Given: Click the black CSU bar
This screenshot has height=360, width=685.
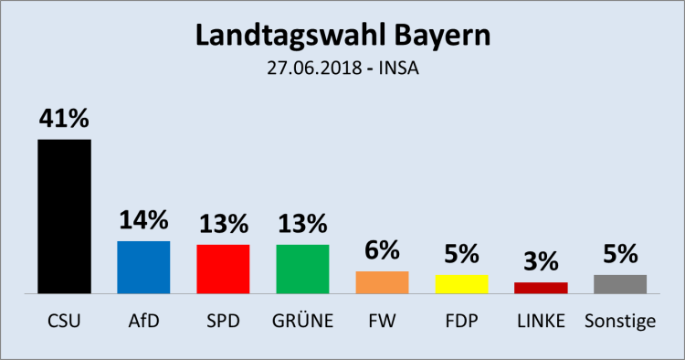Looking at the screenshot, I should (x=64, y=216).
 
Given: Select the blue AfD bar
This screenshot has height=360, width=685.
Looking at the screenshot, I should (x=143, y=267).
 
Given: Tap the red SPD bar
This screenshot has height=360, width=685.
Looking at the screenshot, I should (x=223, y=269).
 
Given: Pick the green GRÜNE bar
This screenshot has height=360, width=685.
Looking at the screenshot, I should (x=302, y=269).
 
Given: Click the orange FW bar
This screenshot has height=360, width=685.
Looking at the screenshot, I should (x=382, y=282).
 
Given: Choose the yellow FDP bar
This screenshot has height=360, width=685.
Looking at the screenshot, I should (x=461, y=284).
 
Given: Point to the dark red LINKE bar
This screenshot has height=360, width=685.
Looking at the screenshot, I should (x=541, y=288).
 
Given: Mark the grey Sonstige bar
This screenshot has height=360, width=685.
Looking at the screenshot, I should (x=620, y=284).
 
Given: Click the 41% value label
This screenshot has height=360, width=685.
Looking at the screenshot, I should (x=64, y=120).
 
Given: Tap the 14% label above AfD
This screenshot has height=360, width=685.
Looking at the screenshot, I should (x=143, y=220).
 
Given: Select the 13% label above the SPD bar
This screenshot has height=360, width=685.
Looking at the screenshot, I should (x=223, y=224).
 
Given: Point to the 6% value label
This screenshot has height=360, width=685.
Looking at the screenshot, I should (x=382, y=250).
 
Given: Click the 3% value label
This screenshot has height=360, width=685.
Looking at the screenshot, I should (x=541, y=262).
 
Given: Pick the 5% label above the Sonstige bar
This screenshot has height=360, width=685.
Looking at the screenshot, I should (x=620, y=254).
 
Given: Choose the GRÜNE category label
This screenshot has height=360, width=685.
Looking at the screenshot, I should (x=302, y=321).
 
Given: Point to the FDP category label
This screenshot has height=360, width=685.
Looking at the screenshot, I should (x=461, y=321).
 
